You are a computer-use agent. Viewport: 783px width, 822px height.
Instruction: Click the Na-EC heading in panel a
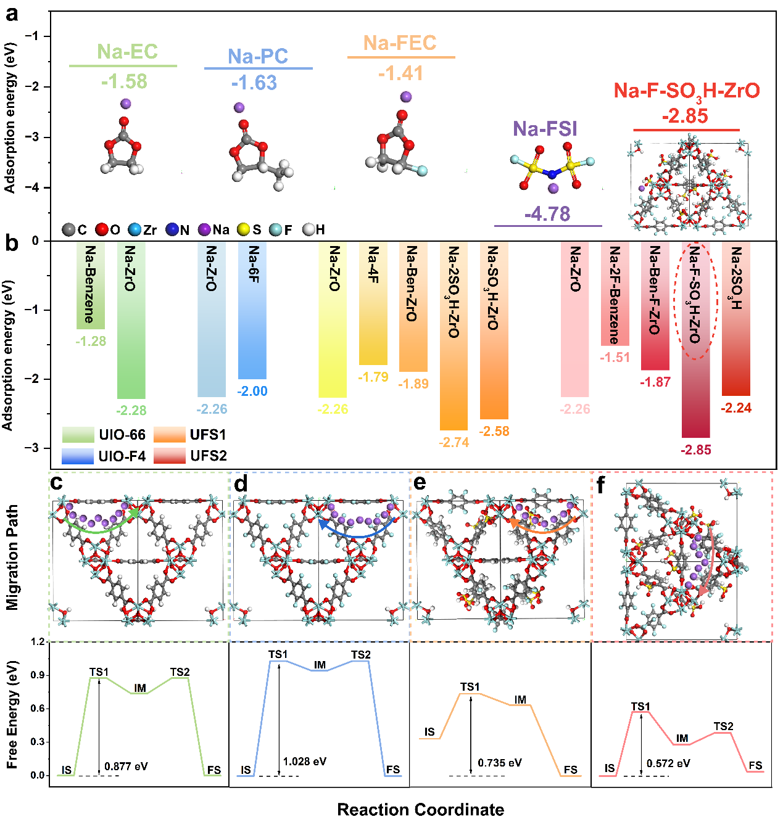(x=127, y=52)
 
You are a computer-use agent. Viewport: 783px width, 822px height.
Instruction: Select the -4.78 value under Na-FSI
(x=547, y=214)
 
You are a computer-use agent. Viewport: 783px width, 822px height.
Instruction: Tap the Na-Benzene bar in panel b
(x=90, y=285)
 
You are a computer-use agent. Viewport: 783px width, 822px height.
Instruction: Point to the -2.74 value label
(x=454, y=442)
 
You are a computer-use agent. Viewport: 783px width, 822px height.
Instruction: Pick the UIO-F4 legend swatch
(x=78, y=456)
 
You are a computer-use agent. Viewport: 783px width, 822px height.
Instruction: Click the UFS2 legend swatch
(x=169, y=456)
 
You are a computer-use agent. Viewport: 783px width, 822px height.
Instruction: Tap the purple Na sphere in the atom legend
(x=204, y=230)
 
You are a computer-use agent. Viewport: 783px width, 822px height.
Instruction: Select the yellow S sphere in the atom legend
(x=244, y=230)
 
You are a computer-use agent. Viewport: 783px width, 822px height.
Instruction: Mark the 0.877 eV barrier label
(x=126, y=767)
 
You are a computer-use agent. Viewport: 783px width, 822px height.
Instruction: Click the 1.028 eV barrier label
(x=305, y=762)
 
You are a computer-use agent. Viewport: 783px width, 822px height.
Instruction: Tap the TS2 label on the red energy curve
(x=723, y=726)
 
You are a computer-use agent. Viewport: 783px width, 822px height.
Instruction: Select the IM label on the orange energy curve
(x=520, y=700)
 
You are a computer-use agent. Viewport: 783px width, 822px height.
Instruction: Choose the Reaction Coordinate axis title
(x=420, y=810)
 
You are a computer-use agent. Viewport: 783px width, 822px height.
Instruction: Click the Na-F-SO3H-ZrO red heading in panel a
(x=686, y=91)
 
